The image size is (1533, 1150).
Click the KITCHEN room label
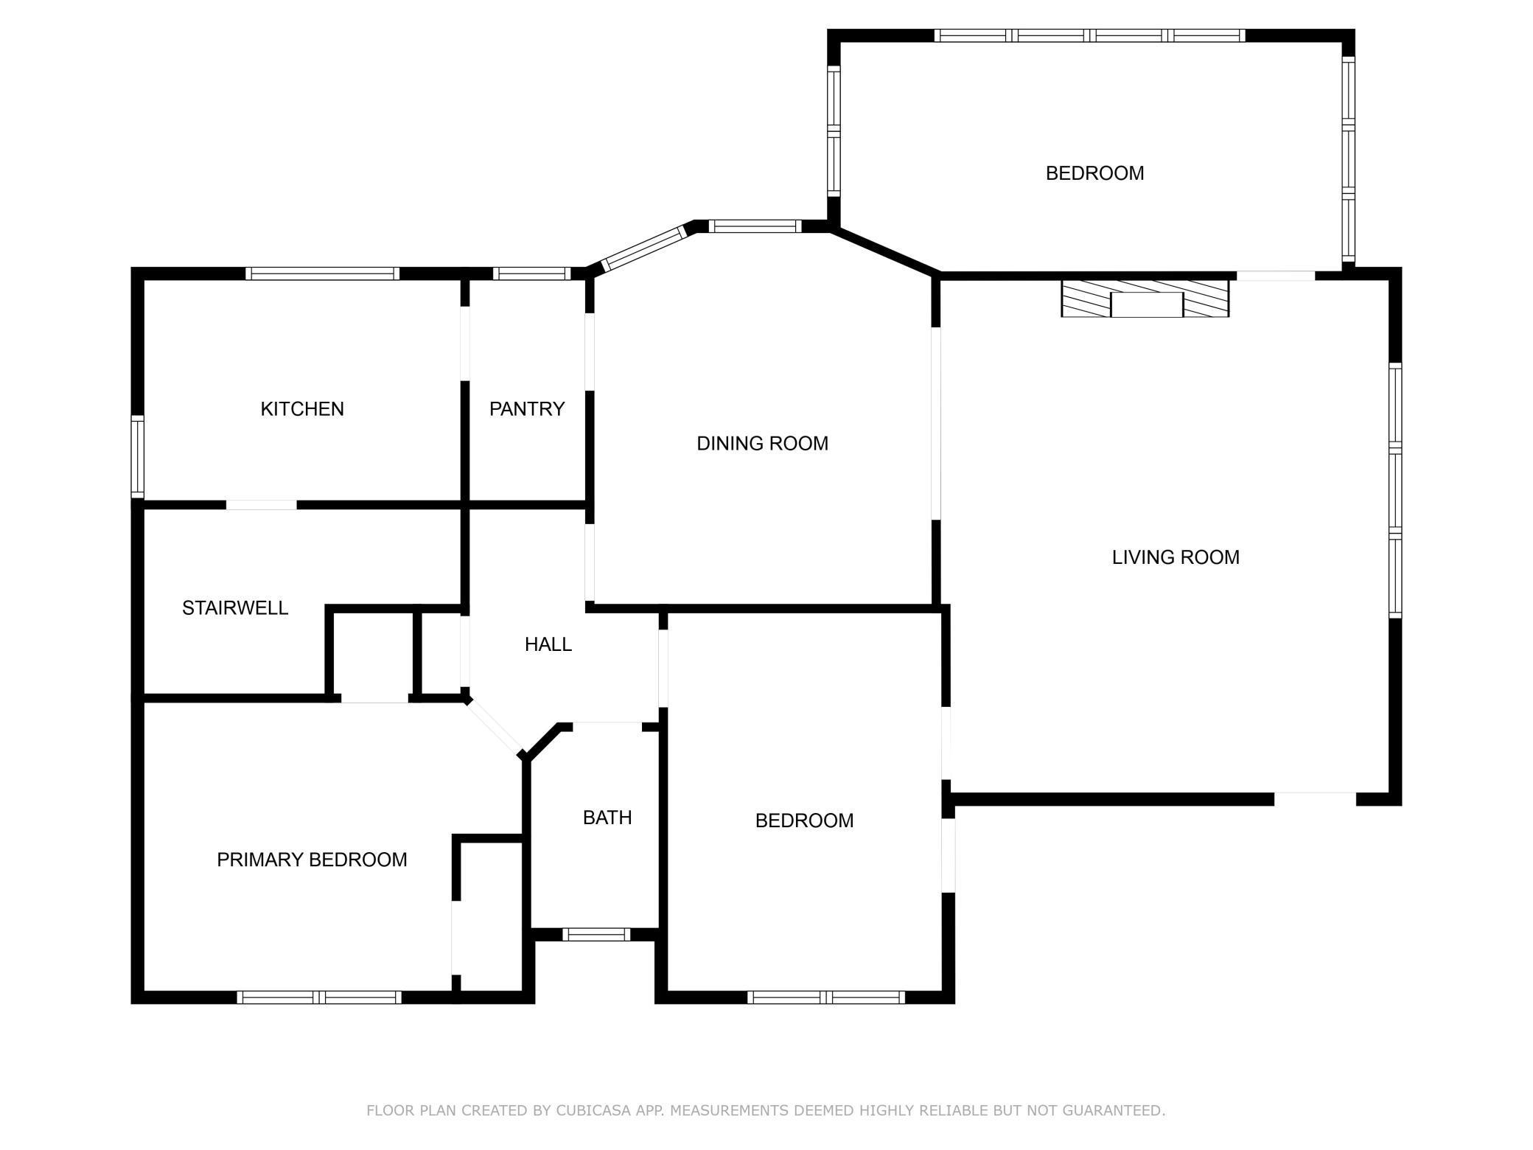[302, 409]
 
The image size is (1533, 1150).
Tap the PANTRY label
[527, 409]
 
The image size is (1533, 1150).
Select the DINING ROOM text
[763, 444]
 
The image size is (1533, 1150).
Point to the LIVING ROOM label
[1176, 557]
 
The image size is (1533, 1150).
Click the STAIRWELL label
[235, 608]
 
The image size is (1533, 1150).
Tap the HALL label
[548, 645]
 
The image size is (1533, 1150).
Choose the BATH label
[607, 818]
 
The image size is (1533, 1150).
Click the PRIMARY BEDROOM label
[312, 860]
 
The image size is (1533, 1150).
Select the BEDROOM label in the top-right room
[1095, 173]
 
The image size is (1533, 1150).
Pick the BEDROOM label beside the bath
[805, 820]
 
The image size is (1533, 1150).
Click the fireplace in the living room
[1145, 299]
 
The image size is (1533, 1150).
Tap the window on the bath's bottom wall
[596, 935]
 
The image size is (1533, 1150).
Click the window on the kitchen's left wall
[138, 457]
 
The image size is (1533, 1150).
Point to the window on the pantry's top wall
[532, 273]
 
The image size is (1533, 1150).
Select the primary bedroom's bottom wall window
[319, 997]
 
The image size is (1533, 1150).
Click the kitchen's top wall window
[323, 273]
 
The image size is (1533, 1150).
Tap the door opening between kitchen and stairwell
[262, 505]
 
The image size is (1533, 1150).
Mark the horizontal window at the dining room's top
[755, 226]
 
